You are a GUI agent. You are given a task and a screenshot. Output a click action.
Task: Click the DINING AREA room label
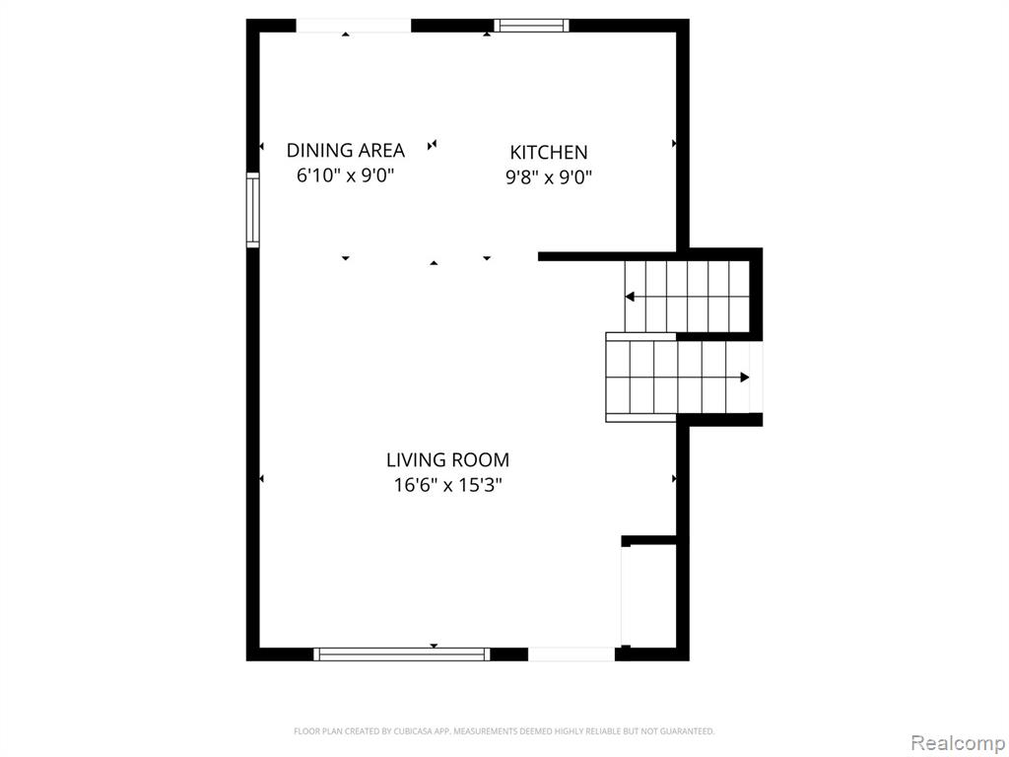coord(346,151)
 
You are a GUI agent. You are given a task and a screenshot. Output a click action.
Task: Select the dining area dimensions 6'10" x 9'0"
coord(345,175)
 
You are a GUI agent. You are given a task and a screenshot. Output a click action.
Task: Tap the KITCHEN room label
coord(549,153)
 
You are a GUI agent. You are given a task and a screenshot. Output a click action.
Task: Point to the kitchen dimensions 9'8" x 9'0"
coord(548,177)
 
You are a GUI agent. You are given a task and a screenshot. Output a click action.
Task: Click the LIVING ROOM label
coord(448,460)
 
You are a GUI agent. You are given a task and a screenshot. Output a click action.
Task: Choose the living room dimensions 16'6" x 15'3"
coord(448,485)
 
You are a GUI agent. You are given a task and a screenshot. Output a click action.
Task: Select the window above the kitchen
coord(531,26)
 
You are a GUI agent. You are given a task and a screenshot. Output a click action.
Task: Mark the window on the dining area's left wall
coord(253,210)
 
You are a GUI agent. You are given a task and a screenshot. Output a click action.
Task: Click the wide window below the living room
coord(402,654)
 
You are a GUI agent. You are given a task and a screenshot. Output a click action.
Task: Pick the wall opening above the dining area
coord(354,26)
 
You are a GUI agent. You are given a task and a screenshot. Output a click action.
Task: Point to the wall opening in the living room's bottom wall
coord(572,654)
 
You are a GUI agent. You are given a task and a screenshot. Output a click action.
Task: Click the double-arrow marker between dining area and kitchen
coord(432,146)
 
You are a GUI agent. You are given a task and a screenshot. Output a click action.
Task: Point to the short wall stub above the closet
coord(649,540)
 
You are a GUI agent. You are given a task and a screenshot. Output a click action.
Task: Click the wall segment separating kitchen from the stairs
coord(607,256)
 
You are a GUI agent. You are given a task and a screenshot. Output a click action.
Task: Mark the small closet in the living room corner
coord(649,595)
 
